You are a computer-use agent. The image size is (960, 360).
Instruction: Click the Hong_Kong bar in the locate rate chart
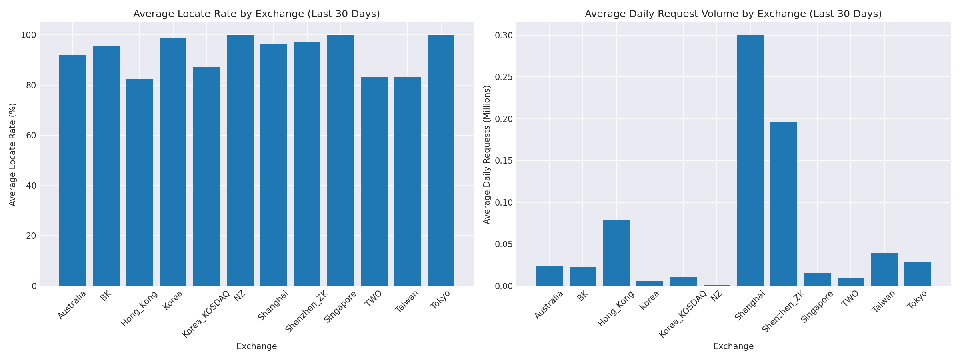point(140,182)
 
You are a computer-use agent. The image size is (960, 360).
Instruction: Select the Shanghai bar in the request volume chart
point(750,160)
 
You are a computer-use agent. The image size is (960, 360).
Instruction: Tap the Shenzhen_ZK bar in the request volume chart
point(784,204)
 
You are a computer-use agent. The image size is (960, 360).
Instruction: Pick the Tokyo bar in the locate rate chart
point(441,160)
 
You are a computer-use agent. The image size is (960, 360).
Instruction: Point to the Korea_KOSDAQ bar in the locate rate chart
point(206,176)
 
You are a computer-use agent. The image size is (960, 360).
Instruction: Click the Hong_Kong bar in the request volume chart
point(616,253)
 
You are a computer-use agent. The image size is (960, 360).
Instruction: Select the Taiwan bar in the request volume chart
point(884,269)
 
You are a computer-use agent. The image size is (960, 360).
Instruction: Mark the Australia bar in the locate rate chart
point(72,170)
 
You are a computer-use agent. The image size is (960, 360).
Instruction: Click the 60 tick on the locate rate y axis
point(32,136)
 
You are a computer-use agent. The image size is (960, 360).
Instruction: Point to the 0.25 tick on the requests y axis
point(504,77)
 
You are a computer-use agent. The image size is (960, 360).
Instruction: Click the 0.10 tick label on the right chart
point(504,202)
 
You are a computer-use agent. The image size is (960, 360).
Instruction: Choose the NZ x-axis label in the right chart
point(717,296)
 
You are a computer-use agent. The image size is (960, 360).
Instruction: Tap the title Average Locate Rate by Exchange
point(256,14)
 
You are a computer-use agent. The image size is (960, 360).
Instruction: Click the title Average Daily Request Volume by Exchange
point(733,14)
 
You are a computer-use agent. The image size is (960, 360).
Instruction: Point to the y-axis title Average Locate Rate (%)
point(12,154)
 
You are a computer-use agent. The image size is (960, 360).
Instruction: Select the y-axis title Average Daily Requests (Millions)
point(487,154)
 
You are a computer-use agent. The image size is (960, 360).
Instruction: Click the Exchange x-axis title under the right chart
point(733,346)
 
